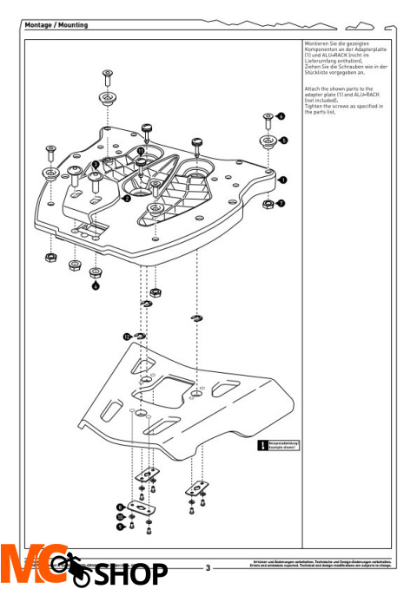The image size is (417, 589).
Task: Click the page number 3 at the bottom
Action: coord(208,569)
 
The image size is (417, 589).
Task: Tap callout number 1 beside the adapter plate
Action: coord(282,180)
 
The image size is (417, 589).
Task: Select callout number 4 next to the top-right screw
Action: coord(281,115)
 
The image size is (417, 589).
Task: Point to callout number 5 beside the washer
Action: coord(283,139)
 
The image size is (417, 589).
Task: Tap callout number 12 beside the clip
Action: coord(127,336)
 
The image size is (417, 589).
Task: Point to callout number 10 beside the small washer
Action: coord(120,516)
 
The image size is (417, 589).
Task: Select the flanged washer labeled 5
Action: coord(268,140)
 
